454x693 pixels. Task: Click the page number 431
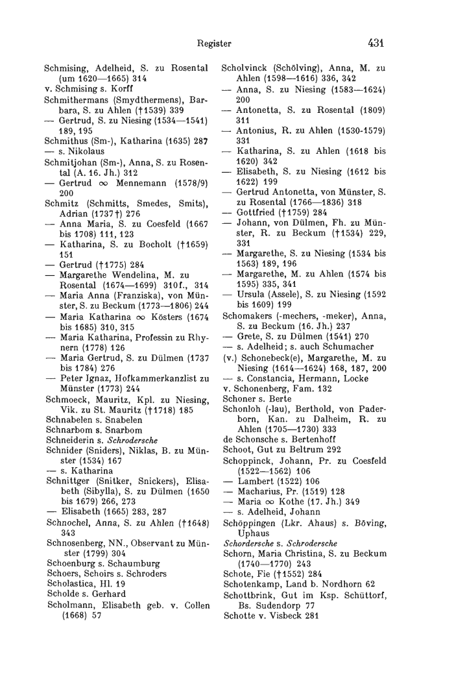pos(376,43)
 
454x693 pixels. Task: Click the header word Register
pos(215,44)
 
